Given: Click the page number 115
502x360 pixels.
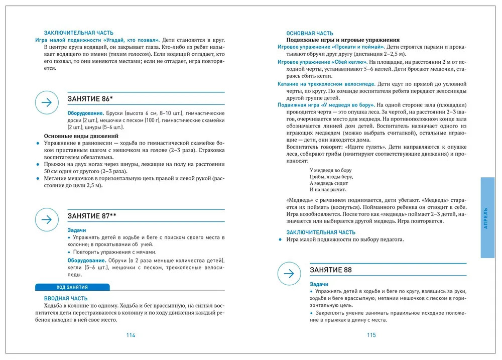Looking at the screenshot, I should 371,335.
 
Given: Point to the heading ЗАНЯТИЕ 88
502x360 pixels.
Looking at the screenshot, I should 330,270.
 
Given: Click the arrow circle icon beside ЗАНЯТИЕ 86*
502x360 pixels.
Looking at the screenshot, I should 47,102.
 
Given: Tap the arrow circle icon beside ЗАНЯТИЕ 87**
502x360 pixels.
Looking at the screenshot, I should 47,219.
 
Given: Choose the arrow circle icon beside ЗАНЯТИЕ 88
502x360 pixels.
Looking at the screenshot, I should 289,274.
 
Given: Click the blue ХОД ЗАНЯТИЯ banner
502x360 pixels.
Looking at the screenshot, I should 72,287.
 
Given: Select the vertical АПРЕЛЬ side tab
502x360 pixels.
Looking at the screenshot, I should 487,217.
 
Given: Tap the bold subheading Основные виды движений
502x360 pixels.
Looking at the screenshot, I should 81,136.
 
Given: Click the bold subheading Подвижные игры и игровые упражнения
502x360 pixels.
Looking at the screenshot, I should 343,40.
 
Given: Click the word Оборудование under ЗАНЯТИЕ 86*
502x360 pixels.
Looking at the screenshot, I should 86,113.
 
